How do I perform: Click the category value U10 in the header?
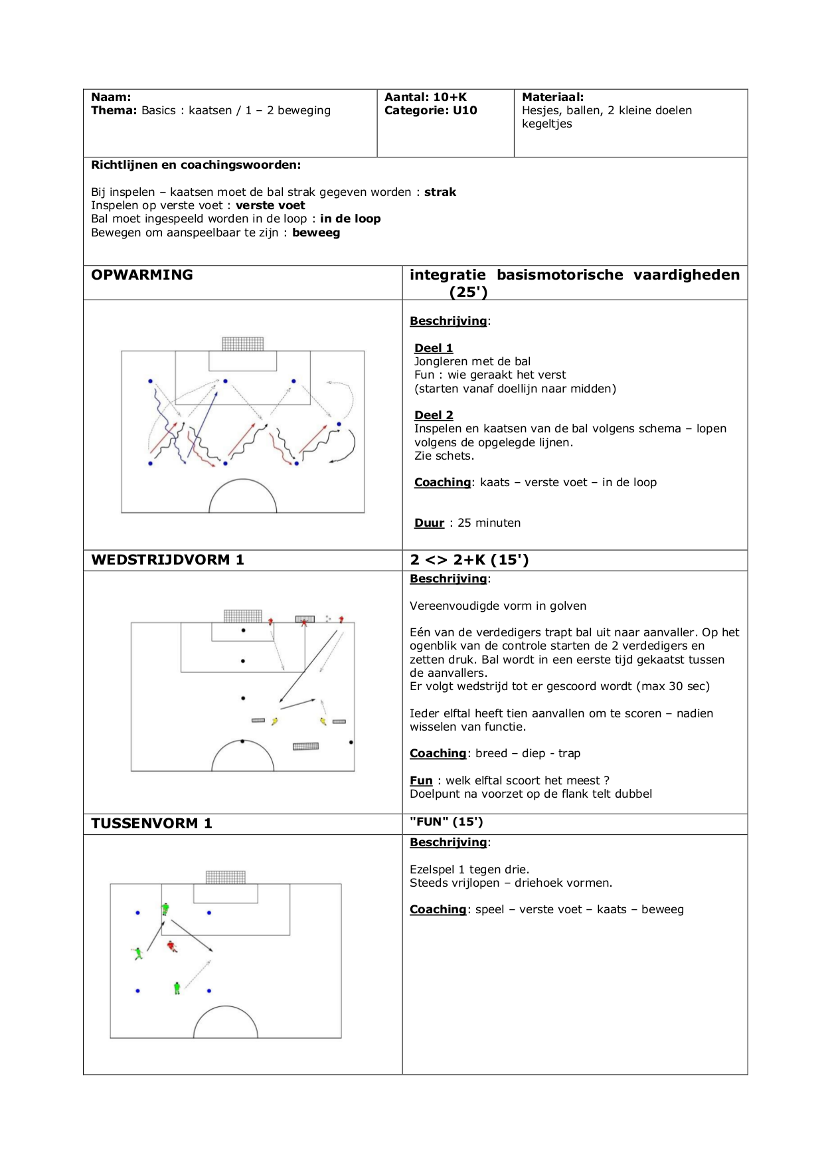(x=465, y=110)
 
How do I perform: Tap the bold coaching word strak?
(x=440, y=192)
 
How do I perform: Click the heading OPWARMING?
(x=142, y=275)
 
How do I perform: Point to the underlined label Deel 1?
(x=434, y=348)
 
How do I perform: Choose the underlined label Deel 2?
(x=434, y=415)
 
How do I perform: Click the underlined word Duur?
(x=429, y=523)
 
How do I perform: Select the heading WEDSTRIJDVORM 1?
(x=167, y=560)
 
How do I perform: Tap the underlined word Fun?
(x=421, y=780)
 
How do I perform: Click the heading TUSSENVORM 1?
(x=151, y=824)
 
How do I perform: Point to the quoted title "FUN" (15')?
(x=446, y=822)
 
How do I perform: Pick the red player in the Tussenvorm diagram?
(x=171, y=946)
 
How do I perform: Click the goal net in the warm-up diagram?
(x=243, y=344)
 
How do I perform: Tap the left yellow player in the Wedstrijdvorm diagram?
(x=274, y=721)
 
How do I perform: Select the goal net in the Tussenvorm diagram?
(x=226, y=877)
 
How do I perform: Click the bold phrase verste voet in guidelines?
(x=270, y=205)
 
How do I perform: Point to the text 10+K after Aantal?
(x=450, y=97)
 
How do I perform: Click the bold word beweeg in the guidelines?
(x=316, y=232)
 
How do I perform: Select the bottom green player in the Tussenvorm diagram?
(x=177, y=988)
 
